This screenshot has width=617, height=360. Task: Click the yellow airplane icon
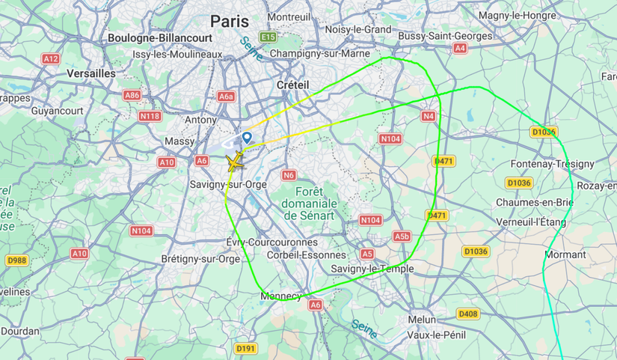[236, 161]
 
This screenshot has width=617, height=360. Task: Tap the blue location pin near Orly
[247, 138]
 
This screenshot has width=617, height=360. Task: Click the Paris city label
[230, 20]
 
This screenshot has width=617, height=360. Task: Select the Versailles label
[91, 73]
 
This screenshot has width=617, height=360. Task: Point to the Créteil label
[292, 85]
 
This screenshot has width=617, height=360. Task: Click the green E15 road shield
[268, 37]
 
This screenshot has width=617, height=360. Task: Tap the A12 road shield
[51, 58]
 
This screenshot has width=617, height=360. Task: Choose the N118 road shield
[150, 116]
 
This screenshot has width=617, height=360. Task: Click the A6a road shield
[226, 97]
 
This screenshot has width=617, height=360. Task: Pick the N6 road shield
[289, 175]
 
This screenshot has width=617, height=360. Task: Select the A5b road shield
[402, 237]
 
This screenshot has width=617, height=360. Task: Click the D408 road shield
[467, 314]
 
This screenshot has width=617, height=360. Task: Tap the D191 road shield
[245, 349]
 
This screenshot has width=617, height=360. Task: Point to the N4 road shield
[428, 116]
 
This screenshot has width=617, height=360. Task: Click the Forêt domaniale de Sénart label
[310, 203]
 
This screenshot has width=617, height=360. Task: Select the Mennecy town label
[280, 296]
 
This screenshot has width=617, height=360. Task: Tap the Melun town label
[422, 320]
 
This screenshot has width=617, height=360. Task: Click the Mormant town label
[565, 254]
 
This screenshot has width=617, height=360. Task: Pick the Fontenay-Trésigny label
[552, 164]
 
